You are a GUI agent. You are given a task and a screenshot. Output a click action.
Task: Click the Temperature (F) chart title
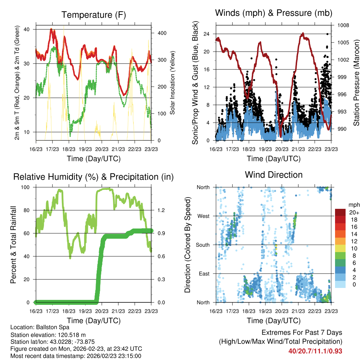(94, 15)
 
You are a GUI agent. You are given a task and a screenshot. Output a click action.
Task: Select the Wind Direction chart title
(274, 175)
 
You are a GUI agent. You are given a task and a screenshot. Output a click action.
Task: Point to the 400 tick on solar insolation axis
(162, 33)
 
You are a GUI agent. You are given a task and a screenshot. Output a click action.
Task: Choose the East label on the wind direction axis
(204, 274)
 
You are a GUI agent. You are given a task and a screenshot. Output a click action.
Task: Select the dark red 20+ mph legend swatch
(341, 212)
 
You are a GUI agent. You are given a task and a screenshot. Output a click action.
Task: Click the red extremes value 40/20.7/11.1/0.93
(315, 351)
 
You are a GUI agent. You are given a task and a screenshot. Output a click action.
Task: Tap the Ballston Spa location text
(58, 327)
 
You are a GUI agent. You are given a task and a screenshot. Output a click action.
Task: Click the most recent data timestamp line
(76, 356)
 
